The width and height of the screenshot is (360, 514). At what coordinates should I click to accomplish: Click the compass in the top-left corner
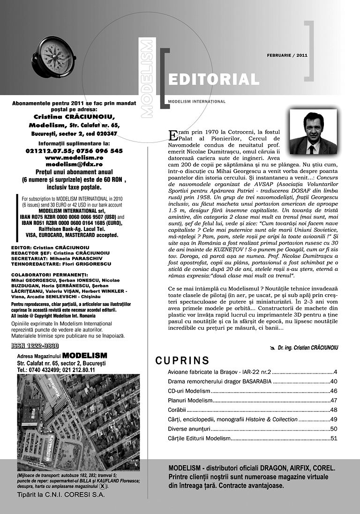(54, 57)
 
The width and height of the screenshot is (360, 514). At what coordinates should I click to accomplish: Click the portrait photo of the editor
(313, 133)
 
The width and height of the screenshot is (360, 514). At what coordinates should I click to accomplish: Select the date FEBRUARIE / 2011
(287, 55)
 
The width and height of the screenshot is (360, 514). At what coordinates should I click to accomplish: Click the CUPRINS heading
(182, 360)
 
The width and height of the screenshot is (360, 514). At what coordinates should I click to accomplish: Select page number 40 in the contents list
(334, 381)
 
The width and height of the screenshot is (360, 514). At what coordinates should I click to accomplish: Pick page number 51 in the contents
(334, 439)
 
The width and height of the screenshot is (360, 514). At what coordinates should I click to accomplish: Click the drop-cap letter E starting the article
(172, 134)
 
